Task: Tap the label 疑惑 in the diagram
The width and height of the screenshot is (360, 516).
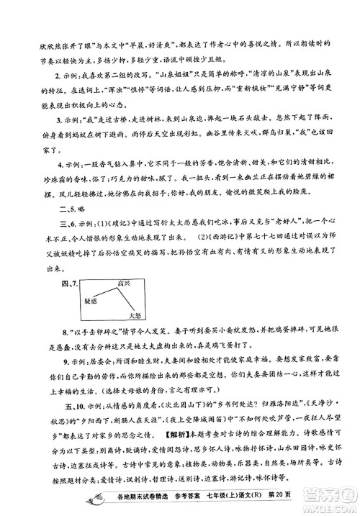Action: (85, 299)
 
